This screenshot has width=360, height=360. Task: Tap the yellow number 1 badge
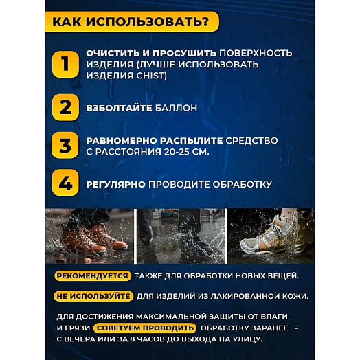[x=65, y=64]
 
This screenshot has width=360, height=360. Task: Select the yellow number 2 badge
[x=65, y=106]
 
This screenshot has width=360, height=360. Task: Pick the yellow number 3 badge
[x=65, y=146]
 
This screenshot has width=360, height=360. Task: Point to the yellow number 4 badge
[x=65, y=184]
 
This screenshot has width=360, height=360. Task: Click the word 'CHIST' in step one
[x=152, y=75]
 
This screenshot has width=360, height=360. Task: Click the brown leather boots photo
[x=89, y=236]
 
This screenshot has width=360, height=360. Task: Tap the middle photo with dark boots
[x=180, y=236]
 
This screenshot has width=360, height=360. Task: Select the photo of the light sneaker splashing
[x=271, y=236]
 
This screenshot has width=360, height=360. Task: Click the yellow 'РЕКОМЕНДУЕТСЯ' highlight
[x=93, y=275]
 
